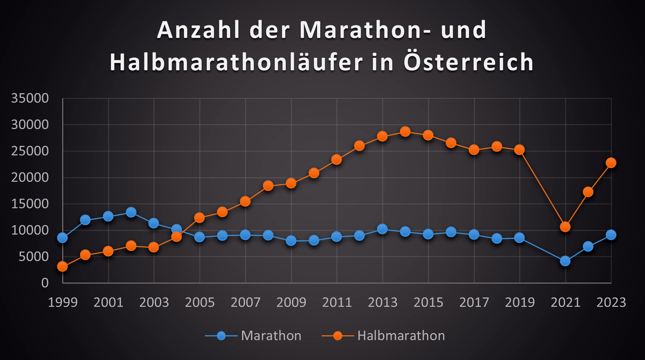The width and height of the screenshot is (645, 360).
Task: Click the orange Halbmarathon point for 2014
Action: click(405, 132)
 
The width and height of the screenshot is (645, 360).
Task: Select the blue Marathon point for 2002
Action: click(131, 213)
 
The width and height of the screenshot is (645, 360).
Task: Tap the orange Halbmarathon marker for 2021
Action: click(565, 227)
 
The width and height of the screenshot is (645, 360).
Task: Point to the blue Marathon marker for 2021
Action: click(565, 261)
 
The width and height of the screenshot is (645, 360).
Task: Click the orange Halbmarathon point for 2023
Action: click(611, 163)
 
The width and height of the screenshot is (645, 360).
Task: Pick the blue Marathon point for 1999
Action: click(62, 237)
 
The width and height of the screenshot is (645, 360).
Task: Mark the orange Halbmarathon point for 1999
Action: click(62, 267)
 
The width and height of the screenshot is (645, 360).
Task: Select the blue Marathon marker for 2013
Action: click(383, 229)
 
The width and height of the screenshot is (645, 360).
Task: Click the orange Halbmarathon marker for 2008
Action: click(268, 186)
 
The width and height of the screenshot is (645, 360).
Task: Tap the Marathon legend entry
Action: click(253, 336)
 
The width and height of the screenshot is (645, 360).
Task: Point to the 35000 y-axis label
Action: click(30, 99)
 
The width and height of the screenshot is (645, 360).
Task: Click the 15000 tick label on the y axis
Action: click(30, 204)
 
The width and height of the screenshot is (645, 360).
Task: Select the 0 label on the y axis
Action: click(45, 283)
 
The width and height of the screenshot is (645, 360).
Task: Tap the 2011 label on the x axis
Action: click(336, 303)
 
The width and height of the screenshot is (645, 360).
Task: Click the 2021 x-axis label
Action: click(565, 303)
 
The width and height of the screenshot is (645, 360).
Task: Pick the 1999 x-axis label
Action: click(62, 303)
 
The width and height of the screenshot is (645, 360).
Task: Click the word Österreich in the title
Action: click(467, 62)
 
